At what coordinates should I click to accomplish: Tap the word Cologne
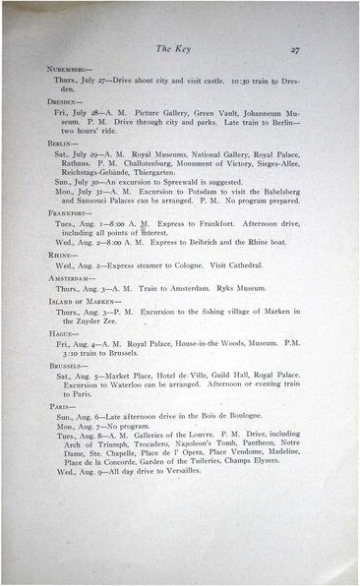(202, 264)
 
